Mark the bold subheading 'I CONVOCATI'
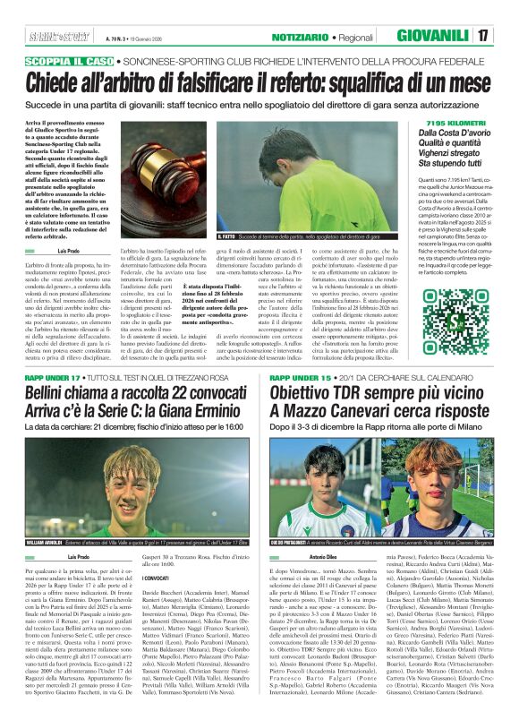pyautogui.click(x=146, y=579)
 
